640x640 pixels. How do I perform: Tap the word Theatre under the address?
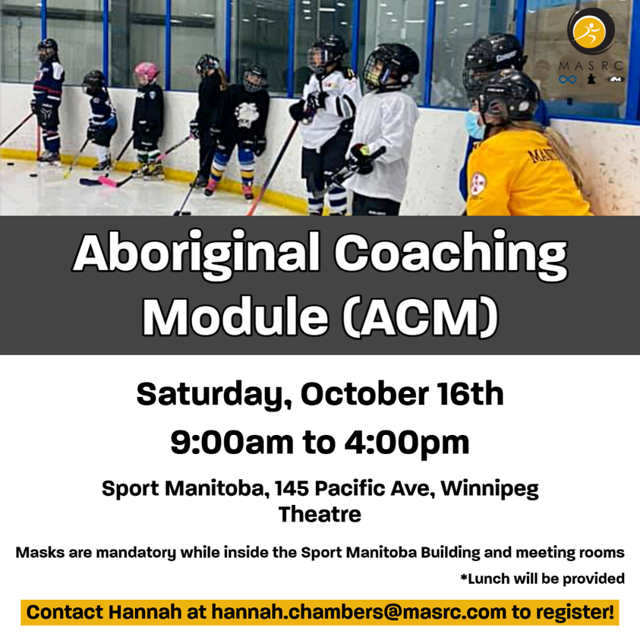click(x=320, y=514)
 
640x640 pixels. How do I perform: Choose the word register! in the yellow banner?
click(x=574, y=611)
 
